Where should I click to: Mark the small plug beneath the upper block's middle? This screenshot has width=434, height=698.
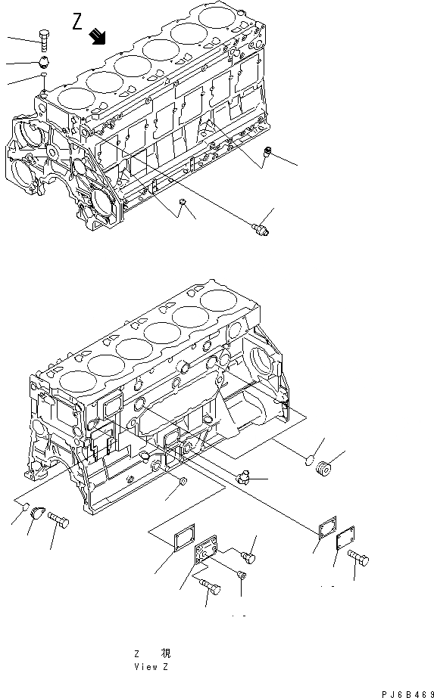pos(183,203)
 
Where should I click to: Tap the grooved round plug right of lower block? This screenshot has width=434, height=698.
pos(324,469)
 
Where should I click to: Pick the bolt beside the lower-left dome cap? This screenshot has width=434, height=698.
pos(58,520)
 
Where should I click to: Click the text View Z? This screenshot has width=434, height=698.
pos(151,667)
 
